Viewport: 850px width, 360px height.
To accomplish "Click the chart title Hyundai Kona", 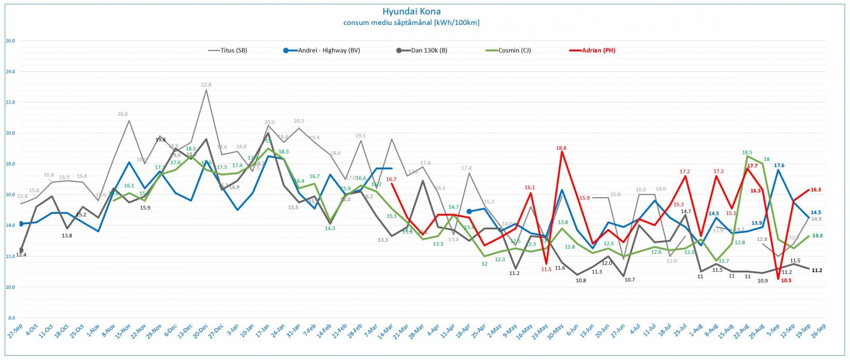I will [411, 11].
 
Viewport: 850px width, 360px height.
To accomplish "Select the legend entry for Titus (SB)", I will [234, 50].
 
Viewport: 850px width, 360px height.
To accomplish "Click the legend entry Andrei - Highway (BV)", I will [329, 50].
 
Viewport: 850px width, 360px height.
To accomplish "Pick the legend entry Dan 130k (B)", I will [429, 50].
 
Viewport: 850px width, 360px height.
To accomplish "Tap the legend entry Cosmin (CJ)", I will [514, 50].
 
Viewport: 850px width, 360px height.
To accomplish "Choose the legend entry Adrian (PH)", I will [598, 50].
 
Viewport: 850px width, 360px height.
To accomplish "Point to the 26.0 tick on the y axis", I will [10, 41].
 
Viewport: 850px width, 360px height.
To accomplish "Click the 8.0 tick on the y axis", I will [11, 318].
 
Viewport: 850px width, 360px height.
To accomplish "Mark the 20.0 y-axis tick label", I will [10, 133].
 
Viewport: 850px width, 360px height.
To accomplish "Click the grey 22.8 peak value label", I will [206, 85].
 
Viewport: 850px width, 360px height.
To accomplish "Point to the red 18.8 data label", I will [561, 148].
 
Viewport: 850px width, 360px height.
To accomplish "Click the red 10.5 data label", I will [786, 280].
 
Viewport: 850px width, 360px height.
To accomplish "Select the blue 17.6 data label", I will [779, 166].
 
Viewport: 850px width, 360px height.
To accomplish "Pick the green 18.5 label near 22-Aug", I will [747, 152].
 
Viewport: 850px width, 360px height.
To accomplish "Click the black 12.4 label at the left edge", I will [21, 255].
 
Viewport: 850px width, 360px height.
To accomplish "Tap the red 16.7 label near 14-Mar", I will [391, 179].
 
